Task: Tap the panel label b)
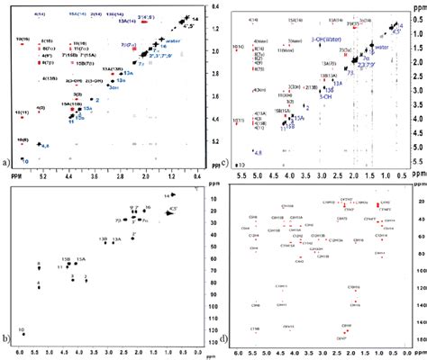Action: [7, 344]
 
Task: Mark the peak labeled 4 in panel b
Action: [39, 285]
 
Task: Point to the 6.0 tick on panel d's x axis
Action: [238, 355]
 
